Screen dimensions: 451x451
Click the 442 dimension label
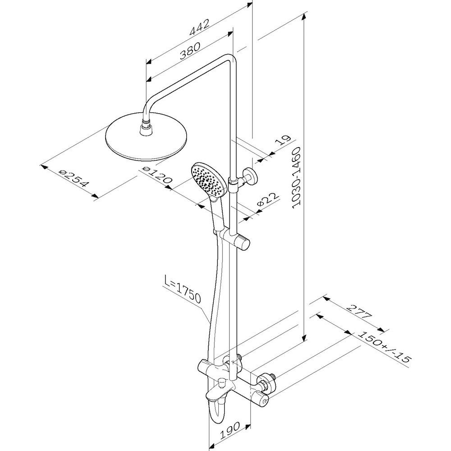[x=199, y=28]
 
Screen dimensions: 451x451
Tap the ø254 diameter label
[x=73, y=178]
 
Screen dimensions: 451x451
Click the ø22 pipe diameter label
[x=268, y=200]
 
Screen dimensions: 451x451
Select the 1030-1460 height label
[x=296, y=177]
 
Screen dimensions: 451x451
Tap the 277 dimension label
[x=359, y=311]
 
